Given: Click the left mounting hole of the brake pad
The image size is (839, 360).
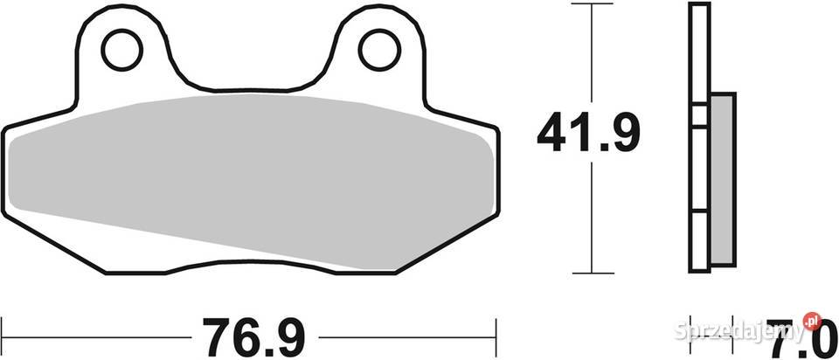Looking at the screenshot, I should coord(121,52).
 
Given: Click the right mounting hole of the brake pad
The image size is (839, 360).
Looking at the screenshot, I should coord(380,51).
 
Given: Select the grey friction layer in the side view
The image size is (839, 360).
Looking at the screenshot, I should coord(721,179).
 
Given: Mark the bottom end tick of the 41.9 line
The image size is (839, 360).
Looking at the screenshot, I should coord(594,271).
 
